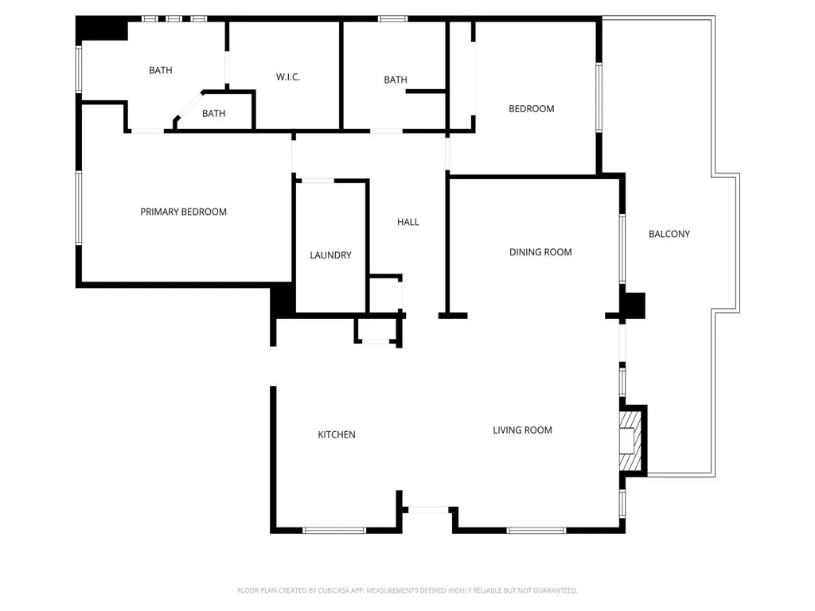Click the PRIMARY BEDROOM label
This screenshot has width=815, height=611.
[183, 212]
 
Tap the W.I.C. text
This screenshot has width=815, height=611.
[287, 77]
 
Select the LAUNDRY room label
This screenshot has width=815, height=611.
[330, 255]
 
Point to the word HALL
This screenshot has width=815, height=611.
[407, 222]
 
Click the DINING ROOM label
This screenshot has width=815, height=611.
[540, 252]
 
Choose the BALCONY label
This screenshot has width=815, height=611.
[669, 234]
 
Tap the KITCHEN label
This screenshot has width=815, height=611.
[337, 434]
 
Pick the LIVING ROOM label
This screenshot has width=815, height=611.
[522, 430]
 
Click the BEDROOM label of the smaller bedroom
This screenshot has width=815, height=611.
[531, 109]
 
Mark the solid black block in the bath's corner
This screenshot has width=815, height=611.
[102, 29]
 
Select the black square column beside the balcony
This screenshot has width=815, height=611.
[634, 305]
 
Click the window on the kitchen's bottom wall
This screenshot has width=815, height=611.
[334, 530]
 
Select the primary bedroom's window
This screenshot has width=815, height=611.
[78, 208]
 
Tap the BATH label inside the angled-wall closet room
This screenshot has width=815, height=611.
[213, 114]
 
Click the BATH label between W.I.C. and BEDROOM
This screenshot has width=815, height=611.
[396, 80]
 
